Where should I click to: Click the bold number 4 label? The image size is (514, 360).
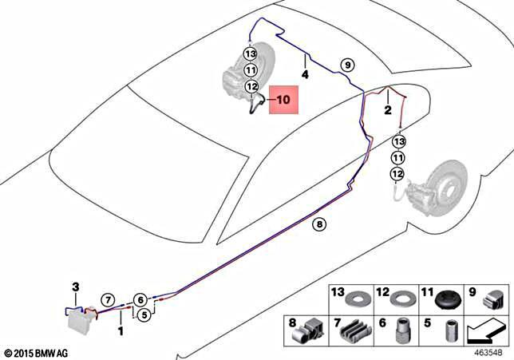[304, 74]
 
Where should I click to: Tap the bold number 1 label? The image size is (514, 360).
[121, 329]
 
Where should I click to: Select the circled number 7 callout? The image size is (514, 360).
[106, 300]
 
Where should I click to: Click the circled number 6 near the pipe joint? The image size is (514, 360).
[140, 300]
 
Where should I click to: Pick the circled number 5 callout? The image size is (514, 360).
[144, 315]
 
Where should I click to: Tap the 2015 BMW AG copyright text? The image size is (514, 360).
[37, 352]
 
